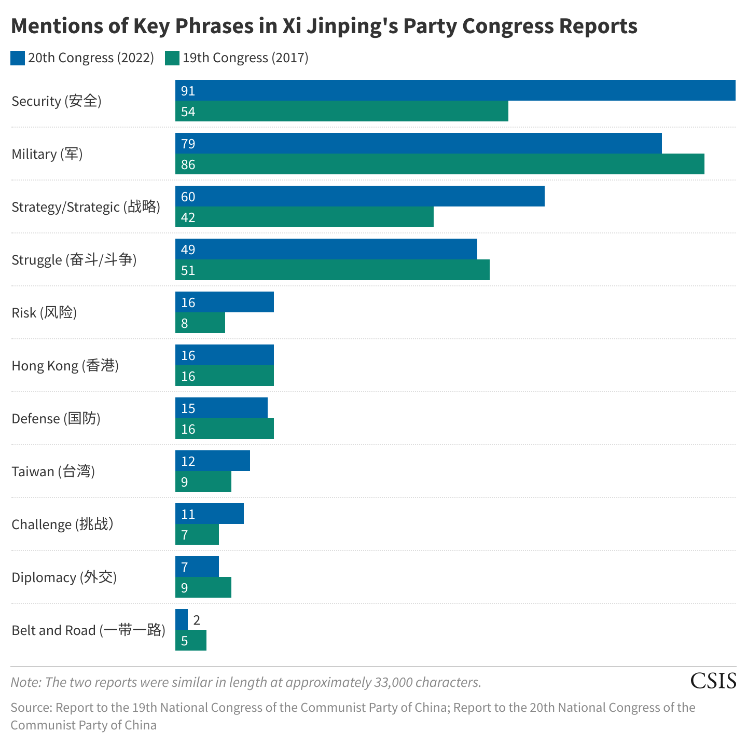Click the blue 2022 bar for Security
tap(455, 90)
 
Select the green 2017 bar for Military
tap(439, 164)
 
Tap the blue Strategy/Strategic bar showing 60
tap(359, 196)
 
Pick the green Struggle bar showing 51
tap(332, 270)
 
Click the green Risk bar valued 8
tap(200, 323)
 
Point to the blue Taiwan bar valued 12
tap(212, 461)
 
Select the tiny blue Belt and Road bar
tap(182, 619)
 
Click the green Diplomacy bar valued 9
tap(203, 587)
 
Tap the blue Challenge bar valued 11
tap(209, 514)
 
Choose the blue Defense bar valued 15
tap(221, 408)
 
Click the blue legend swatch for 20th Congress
tap(18, 58)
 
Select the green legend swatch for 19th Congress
tap(172, 58)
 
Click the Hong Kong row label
tap(65, 366)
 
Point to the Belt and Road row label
tap(88, 630)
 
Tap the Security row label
tap(56, 101)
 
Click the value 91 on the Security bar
tap(188, 91)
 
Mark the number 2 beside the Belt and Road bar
tap(197, 620)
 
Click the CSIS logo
tap(713, 681)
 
